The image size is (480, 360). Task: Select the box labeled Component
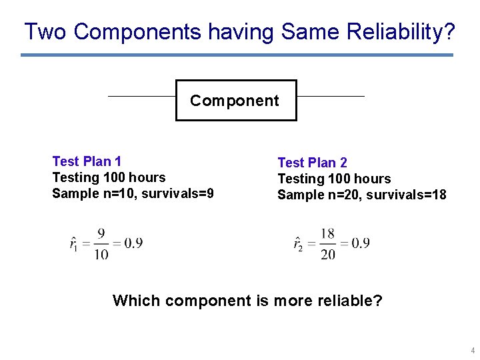click(x=235, y=101)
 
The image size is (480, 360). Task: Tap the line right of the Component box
click(x=330, y=96)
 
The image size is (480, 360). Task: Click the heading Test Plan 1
click(x=87, y=161)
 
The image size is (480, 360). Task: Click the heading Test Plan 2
click(x=312, y=163)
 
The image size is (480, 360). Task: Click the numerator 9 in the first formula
click(x=101, y=233)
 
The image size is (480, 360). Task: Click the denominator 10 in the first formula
click(x=101, y=254)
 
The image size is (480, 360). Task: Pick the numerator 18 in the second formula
click(x=327, y=233)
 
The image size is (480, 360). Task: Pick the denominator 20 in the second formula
click(x=327, y=254)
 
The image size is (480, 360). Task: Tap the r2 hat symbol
click(x=298, y=243)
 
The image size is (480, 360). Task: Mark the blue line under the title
click(x=237, y=55)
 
